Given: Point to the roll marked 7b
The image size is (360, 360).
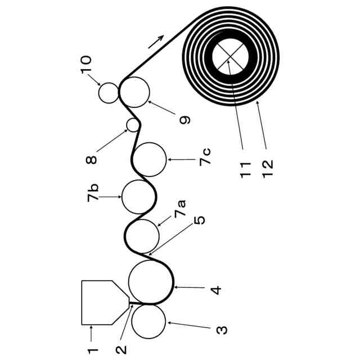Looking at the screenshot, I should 138,197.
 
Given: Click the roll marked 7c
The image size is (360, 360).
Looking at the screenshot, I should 150,160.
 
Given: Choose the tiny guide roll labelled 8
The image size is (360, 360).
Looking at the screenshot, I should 133,124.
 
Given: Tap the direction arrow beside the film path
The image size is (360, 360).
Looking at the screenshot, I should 157,41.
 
